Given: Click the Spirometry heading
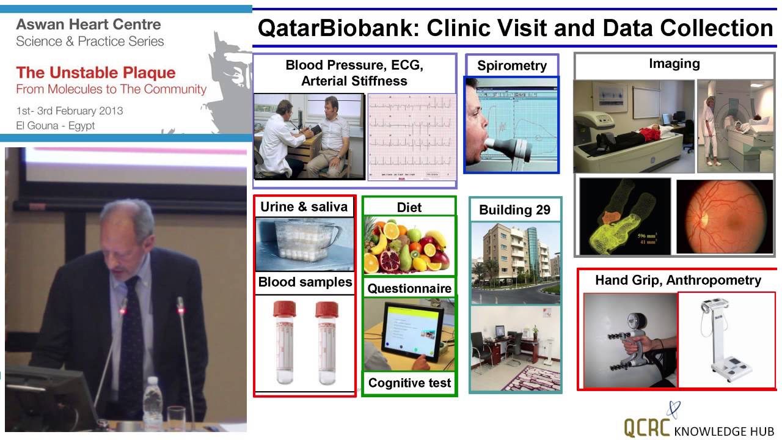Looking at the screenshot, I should pos(512,66).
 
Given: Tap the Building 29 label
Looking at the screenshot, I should pos(514,210).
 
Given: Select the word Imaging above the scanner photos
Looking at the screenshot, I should pos(674,64).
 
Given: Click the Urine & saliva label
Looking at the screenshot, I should pos(304,207).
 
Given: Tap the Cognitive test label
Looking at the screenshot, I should pos(409,383).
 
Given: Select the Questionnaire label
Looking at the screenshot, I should pos(409,288).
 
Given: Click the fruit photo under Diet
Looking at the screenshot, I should pos(408,244).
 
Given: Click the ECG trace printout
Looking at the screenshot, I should pos(412,137).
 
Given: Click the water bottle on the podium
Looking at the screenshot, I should pos(152,403).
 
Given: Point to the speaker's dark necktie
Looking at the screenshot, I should pos(131,342).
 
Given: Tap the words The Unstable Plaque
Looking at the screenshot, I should pos(96,73).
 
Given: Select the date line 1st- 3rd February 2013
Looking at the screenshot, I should pos(70,111).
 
